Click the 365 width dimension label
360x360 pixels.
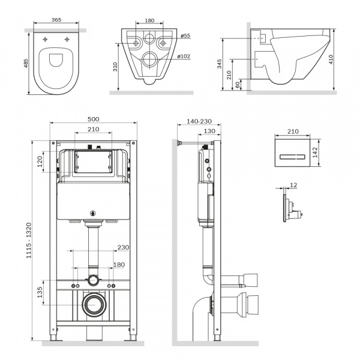point(55,20)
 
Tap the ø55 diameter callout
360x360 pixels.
point(185,36)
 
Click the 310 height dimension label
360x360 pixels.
point(115,66)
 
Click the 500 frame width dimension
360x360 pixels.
point(94,119)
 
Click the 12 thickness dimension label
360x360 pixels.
point(293,185)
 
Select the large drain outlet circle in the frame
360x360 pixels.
point(93,305)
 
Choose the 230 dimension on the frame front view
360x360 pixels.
point(124,247)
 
